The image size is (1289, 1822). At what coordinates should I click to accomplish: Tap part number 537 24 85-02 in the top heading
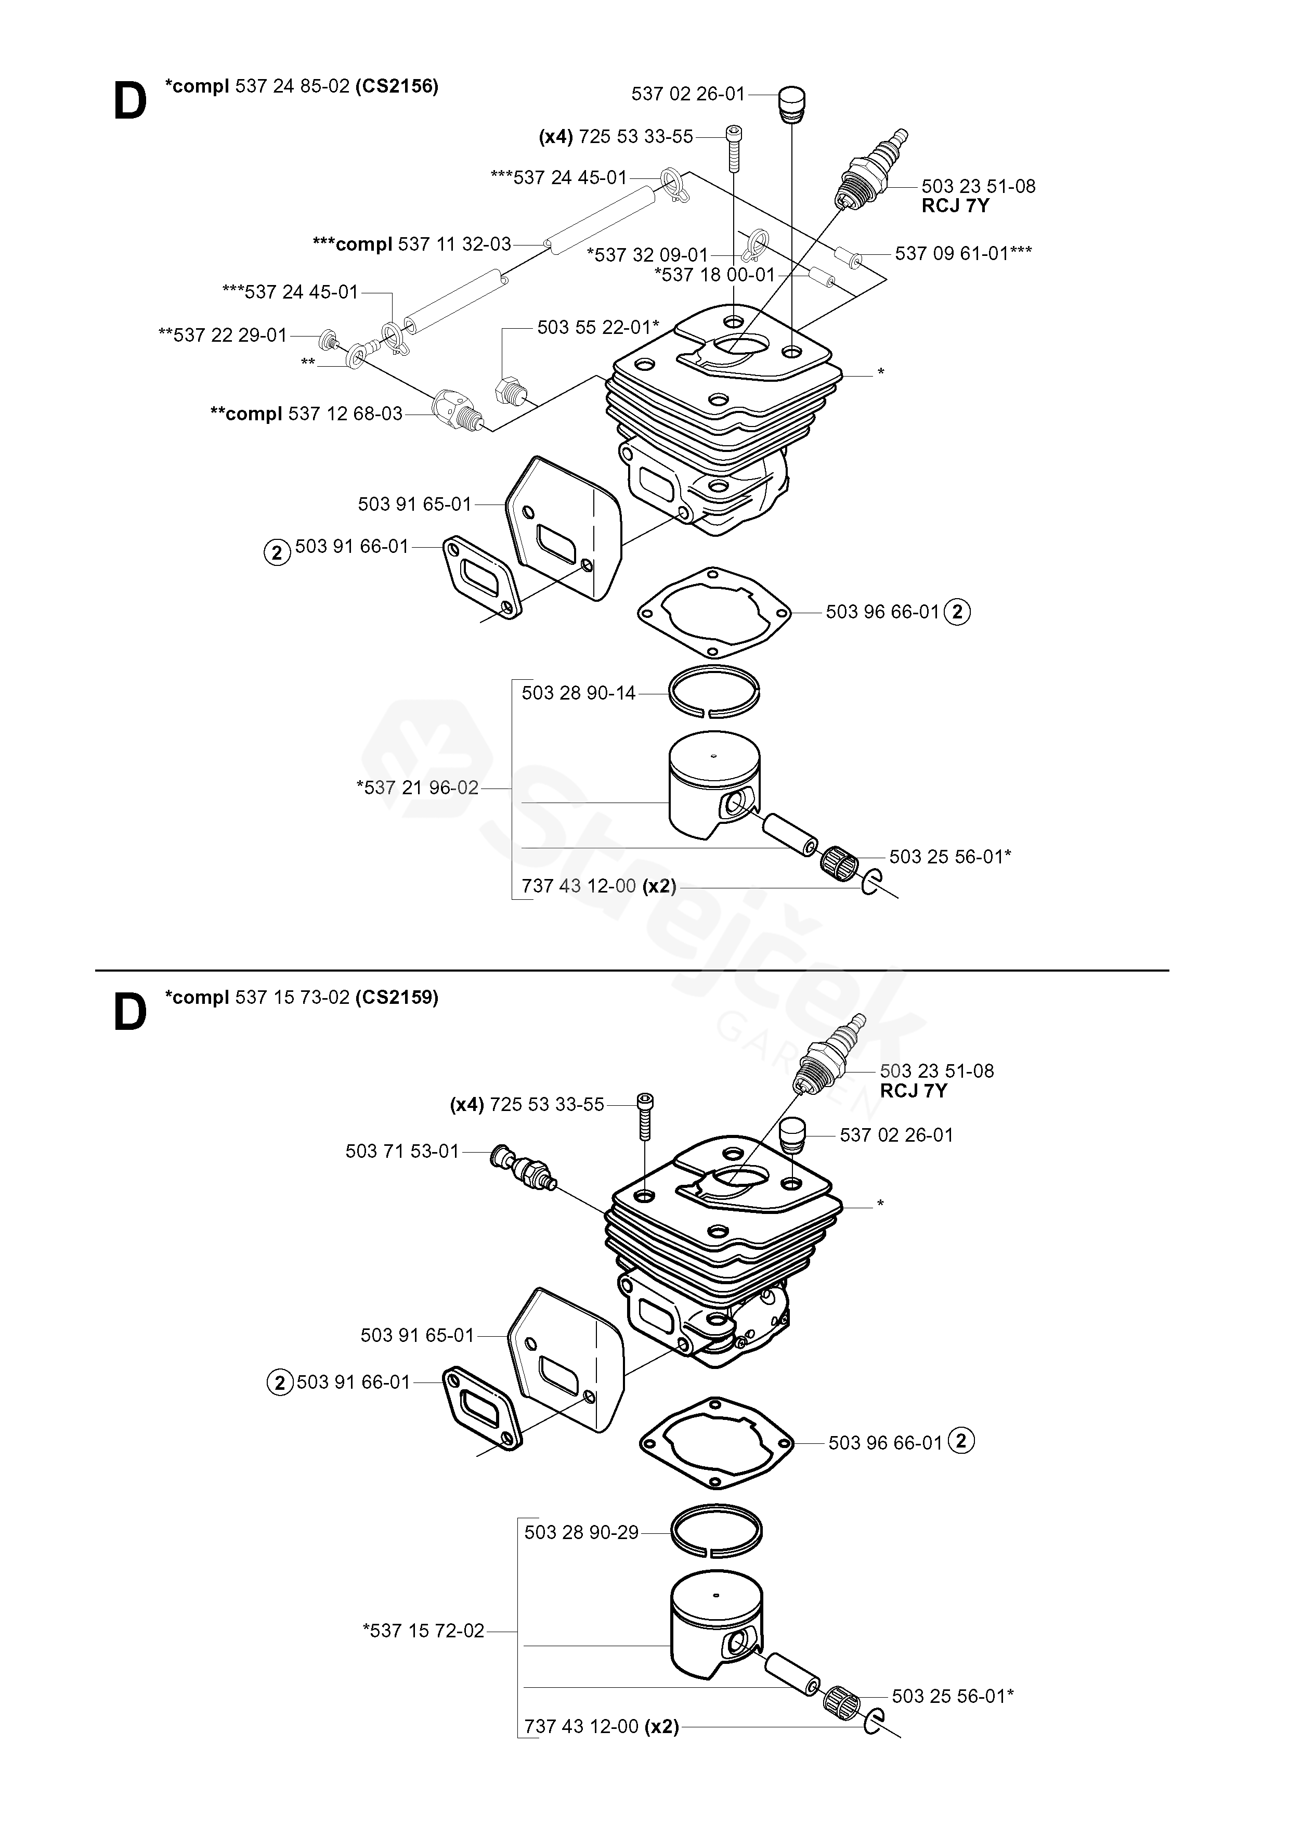(x=292, y=86)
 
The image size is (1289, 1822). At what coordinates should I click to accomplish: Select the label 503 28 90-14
(x=579, y=693)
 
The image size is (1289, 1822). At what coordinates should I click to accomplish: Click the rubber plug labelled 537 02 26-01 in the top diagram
(x=791, y=105)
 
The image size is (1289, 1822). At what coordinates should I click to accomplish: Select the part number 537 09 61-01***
(x=964, y=253)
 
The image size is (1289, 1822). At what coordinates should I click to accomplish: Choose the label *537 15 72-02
(x=423, y=1631)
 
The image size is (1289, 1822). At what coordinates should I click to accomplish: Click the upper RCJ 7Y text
(x=956, y=205)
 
